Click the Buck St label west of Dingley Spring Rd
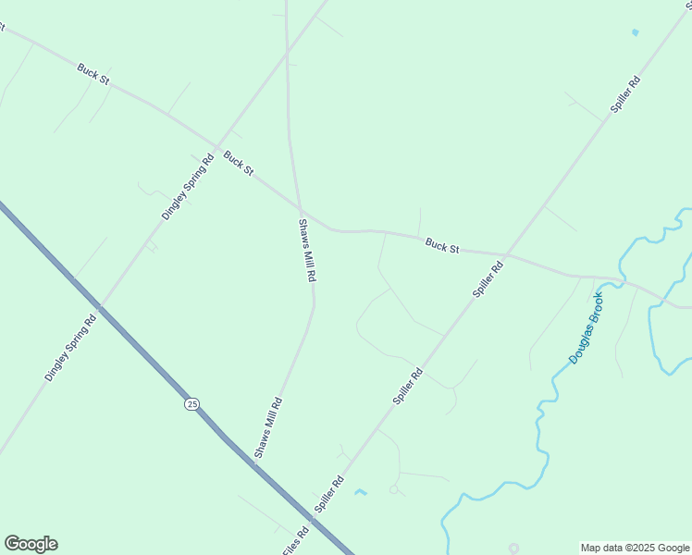[x=93, y=74]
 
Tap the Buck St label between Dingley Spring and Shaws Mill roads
[x=238, y=165]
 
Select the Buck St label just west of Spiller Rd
[x=442, y=247]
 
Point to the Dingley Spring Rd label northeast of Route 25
[x=188, y=186]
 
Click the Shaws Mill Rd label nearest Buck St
[x=308, y=250]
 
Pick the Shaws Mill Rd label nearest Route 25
[x=268, y=427]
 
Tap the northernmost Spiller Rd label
[x=625, y=94]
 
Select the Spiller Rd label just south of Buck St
[x=488, y=279]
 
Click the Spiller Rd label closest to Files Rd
[x=328, y=494]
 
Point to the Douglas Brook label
[x=586, y=327]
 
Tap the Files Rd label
[x=296, y=541]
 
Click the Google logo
[x=31, y=544]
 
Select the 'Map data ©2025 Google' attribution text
[x=636, y=548]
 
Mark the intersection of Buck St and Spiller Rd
[x=506, y=254]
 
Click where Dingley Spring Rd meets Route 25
[x=101, y=306]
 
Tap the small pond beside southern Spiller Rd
[x=360, y=491]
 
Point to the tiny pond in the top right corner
[x=635, y=32]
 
